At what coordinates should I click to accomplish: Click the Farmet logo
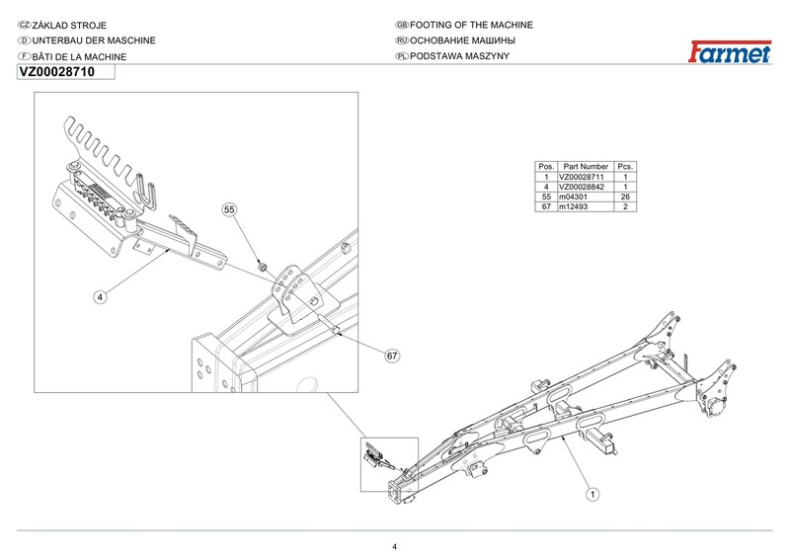click(x=730, y=51)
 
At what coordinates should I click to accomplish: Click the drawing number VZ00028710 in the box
click(x=57, y=72)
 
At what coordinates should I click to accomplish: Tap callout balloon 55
click(x=229, y=210)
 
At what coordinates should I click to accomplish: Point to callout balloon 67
click(x=392, y=355)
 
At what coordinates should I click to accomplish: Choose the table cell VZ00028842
click(x=585, y=186)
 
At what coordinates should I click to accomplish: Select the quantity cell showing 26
click(x=625, y=197)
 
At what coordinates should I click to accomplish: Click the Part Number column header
click(x=586, y=166)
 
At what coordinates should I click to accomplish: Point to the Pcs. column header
click(x=625, y=166)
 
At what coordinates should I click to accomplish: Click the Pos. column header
click(x=546, y=166)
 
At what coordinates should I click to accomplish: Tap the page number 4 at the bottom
click(x=394, y=547)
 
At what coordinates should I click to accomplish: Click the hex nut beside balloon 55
click(x=263, y=267)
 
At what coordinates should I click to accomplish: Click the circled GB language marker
click(x=400, y=24)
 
